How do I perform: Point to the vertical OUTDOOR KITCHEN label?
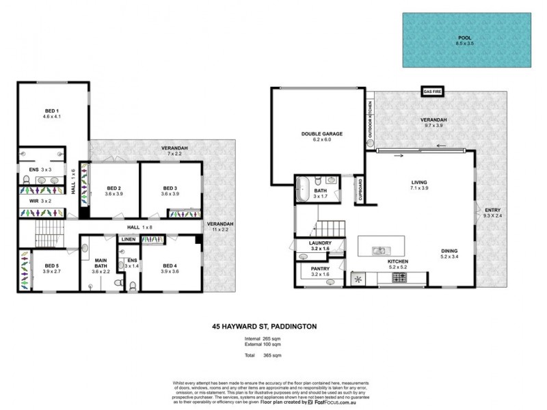[x=370, y=118]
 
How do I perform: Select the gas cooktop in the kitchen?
[x=399, y=277]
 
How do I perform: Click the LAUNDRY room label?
[x=319, y=243]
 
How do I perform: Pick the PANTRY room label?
[x=319, y=268]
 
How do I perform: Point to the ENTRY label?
[x=492, y=210]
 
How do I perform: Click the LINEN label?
[x=127, y=239]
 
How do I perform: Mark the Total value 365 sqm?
[x=273, y=355]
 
